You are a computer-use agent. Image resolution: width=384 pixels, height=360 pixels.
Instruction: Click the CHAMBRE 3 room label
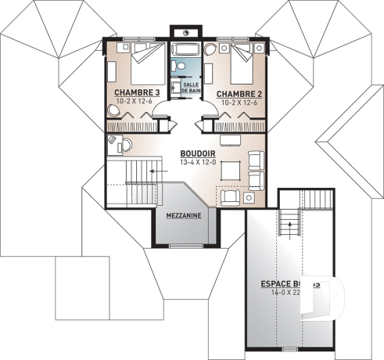(137, 92)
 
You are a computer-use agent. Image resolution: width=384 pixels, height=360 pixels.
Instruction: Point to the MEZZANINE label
(184, 214)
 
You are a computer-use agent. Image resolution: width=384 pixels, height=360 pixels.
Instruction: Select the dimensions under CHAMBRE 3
(137, 102)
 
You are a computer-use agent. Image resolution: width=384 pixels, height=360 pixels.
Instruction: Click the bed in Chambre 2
(235, 63)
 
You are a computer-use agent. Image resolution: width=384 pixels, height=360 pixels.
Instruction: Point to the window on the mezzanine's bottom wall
(185, 246)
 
